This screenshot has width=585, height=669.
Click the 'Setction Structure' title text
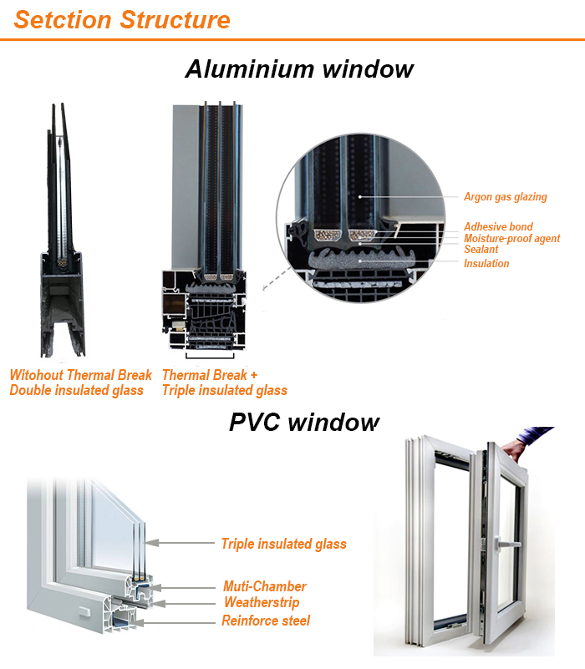pyautogui.click(x=122, y=20)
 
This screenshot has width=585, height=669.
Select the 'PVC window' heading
pyautogui.click(x=303, y=422)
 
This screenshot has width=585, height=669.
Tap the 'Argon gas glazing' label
pyautogui.click(x=505, y=197)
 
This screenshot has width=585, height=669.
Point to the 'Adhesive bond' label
pyautogui.click(x=498, y=227)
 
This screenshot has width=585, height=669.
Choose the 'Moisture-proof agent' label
pyautogui.click(x=511, y=239)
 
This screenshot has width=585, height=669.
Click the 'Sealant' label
pyautogui.click(x=481, y=250)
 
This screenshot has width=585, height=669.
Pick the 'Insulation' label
pyautogui.click(x=486, y=264)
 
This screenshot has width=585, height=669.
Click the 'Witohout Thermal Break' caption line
pyautogui.click(x=81, y=375)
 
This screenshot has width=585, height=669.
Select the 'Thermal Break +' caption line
pyautogui.click(x=205, y=375)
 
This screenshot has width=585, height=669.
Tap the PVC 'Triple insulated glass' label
pyautogui.click(x=283, y=544)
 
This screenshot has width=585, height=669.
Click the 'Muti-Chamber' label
pyautogui.click(x=264, y=586)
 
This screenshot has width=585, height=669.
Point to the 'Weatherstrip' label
pyautogui.click(x=261, y=602)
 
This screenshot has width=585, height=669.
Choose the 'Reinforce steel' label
pyautogui.click(x=266, y=621)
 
